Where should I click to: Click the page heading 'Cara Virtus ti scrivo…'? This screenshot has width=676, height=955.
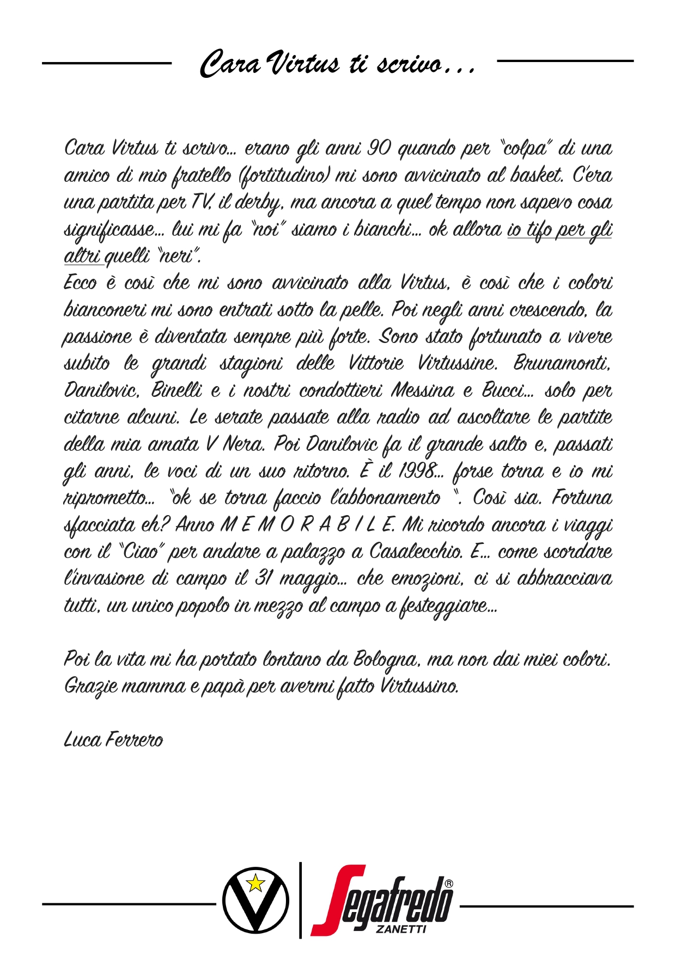(x=338, y=63)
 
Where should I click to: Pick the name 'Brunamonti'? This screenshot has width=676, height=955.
(x=562, y=363)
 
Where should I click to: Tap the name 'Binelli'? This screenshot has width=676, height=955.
(x=176, y=390)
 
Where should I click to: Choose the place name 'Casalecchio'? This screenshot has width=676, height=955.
(x=416, y=552)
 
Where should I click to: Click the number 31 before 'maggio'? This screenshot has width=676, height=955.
(x=263, y=579)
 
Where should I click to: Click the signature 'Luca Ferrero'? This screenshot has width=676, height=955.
(x=113, y=740)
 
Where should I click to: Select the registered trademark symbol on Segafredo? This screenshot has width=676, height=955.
(x=448, y=883)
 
